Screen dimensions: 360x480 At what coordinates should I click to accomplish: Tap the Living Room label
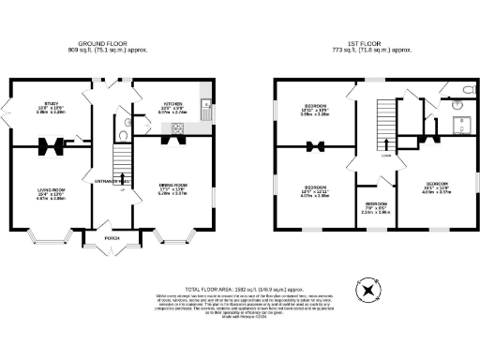tap(51, 193)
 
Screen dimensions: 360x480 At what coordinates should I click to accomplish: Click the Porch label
tap(112, 237)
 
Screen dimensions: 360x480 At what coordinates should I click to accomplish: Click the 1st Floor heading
tap(362, 44)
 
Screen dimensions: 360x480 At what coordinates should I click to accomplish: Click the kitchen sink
tap(202, 105)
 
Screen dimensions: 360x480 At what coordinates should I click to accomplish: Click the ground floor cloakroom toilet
tap(127, 122)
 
